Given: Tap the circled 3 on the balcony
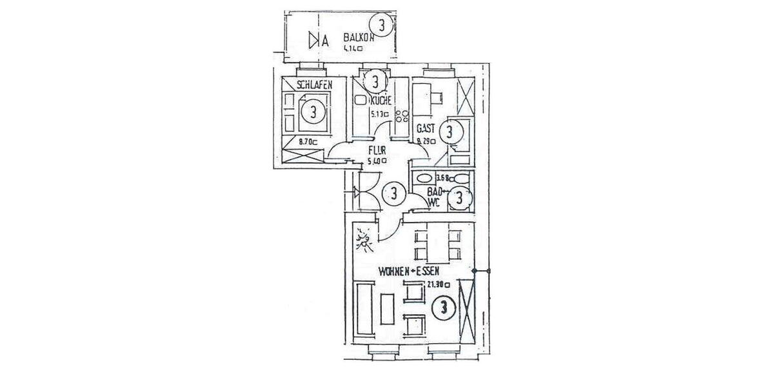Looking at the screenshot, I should (383, 26).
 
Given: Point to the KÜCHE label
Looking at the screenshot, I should (381, 101).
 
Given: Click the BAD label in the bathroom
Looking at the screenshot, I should (435, 191).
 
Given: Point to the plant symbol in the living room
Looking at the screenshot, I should (363, 243).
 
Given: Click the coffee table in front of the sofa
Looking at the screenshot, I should (388, 309).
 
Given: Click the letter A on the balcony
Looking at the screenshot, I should (325, 41).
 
